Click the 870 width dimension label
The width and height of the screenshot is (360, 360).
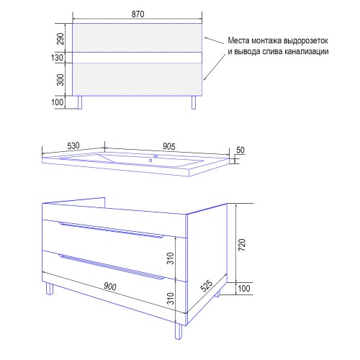138,14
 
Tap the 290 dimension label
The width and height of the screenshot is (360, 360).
60,39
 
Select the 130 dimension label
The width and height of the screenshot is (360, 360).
57,58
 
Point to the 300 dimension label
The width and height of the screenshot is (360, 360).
60,80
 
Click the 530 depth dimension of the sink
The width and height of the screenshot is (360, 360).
73,145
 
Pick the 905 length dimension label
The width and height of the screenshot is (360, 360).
169,146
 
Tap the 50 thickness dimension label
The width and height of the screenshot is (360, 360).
240,150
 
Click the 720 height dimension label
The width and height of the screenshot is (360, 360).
242,245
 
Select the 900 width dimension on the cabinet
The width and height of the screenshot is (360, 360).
110,287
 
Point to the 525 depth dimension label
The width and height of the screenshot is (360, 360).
207,286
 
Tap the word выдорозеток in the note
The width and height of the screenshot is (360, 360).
306,40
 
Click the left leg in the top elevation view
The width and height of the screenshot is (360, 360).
80,102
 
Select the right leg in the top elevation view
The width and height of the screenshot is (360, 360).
194,102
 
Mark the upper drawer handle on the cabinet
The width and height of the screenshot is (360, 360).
111,230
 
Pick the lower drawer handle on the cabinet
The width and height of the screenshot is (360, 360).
111,266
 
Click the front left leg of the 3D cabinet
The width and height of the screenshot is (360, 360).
50,289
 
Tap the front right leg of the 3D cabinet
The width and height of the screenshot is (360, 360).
179,331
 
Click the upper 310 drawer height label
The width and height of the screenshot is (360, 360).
170,258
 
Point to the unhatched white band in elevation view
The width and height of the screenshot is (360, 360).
138,58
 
